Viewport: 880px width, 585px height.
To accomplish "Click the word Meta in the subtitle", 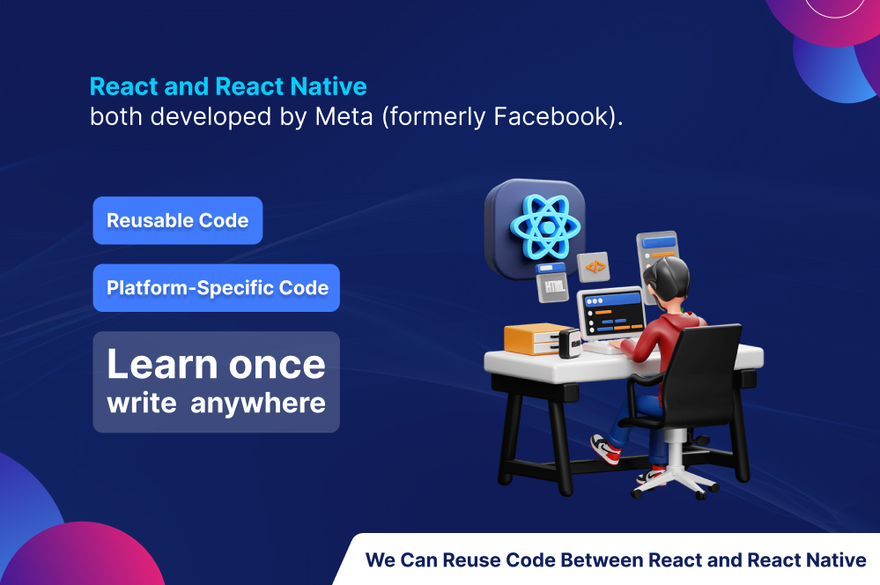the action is [344, 117].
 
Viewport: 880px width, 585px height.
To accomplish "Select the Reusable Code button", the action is [178, 220].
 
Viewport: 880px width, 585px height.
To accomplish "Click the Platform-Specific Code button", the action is [217, 287].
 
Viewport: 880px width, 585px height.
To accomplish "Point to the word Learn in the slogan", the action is [162, 365].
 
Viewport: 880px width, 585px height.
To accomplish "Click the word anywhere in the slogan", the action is [258, 404].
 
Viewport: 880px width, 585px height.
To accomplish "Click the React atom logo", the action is [545, 226].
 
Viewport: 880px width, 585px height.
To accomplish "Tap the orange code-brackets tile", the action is [595, 267].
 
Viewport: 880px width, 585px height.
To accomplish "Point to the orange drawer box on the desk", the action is [534, 338].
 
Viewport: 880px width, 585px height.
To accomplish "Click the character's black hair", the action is [666, 278].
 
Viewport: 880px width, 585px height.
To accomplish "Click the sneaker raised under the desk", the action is [606, 449].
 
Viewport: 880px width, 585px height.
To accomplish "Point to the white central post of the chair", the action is [677, 450].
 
